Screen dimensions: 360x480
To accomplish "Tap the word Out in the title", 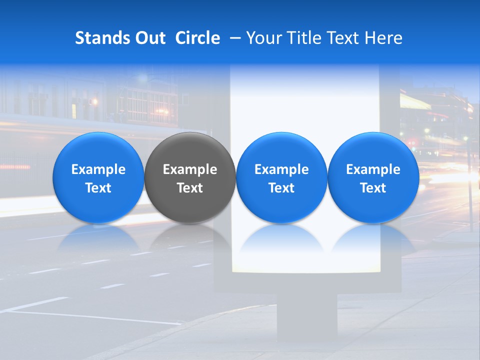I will [149, 38].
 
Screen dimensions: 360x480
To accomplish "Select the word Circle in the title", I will [197, 38].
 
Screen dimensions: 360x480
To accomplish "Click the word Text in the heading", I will [342, 38].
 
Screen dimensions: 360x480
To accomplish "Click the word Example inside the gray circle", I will [190, 169].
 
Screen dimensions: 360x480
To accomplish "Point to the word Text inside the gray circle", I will [190, 188].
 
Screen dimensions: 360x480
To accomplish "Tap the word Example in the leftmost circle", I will [98, 169].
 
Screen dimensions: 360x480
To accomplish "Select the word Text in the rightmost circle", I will [373, 188].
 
